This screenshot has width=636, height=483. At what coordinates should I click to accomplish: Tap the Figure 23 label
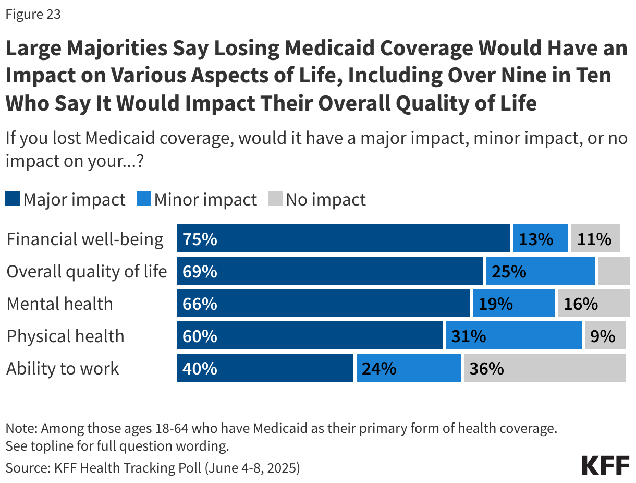tap(33, 14)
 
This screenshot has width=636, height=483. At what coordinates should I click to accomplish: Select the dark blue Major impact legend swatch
tap(13, 199)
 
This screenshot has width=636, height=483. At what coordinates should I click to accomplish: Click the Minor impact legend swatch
tap(143, 199)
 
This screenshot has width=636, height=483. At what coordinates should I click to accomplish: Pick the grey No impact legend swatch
tap(275, 199)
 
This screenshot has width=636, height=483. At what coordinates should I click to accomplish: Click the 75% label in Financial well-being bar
tap(200, 239)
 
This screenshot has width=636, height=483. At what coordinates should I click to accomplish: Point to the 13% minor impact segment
tap(540, 239)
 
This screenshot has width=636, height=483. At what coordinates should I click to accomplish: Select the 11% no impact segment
tap(595, 239)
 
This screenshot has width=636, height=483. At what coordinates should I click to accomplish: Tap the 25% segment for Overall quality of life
tap(540, 271)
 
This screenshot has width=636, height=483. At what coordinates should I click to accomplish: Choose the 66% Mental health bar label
tap(200, 304)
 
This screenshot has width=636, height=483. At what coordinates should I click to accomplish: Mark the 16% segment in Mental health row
tap(591, 304)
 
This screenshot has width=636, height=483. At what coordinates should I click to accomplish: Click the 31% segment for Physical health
tap(513, 336)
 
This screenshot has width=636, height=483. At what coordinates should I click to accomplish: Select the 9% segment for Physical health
tap(605, 336)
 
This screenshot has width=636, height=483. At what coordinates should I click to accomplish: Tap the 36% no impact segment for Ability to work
tap(544, 368)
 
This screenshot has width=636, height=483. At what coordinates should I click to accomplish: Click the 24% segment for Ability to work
tap(408, 368)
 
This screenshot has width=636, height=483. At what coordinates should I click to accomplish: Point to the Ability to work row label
tap(63, 368)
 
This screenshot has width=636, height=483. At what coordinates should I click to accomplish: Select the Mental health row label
tap(59, 304)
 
